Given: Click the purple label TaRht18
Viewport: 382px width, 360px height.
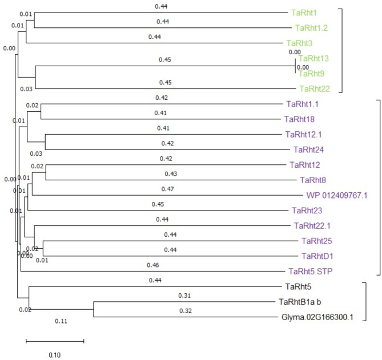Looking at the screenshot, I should pos(299,119).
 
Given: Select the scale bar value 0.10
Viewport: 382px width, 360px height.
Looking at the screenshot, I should pos(54,354).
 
